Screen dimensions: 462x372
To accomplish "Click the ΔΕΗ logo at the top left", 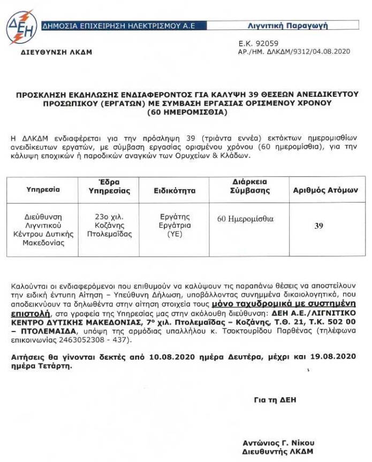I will tap(21, 26).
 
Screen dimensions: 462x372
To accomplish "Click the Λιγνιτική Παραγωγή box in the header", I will tap(302, 25).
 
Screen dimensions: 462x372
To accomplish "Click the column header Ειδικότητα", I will tap(174, 190).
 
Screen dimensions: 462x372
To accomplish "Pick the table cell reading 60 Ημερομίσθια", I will tap(245, 219).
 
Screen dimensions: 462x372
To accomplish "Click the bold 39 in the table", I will tap(319, 226).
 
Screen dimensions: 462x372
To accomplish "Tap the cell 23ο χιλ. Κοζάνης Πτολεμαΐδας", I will tap(109, 226).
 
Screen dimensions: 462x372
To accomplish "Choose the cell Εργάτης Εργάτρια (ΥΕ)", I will tap(176, 226).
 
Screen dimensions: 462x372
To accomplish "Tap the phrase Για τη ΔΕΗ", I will tap(275, 399).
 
